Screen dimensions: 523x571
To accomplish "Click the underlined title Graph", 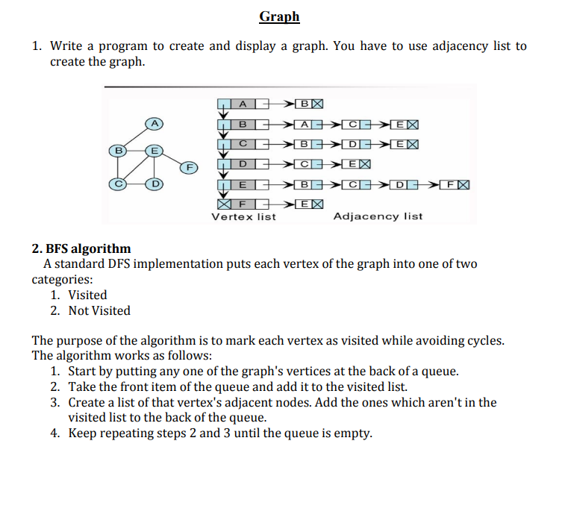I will [280, 16].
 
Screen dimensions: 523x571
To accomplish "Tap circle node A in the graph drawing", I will [155, 122].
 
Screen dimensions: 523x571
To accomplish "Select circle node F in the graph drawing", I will [190, 168].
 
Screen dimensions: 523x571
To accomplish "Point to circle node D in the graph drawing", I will [155, 183].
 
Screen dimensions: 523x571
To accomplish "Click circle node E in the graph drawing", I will [155, 150].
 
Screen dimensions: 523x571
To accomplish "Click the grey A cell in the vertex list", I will [243, 103].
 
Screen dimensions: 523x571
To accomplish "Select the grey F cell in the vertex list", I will [243, 203].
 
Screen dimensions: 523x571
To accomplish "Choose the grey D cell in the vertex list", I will [243, 163].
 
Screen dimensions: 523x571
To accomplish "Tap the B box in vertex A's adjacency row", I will [301, 103].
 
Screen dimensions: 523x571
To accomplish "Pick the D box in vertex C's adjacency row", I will [352, 143].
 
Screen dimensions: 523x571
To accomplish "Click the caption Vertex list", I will [243, 217].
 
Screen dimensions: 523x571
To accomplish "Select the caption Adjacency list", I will [378, 217].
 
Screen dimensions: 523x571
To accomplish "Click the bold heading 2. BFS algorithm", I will [81, 248].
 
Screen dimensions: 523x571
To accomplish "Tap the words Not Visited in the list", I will [99, 310].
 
